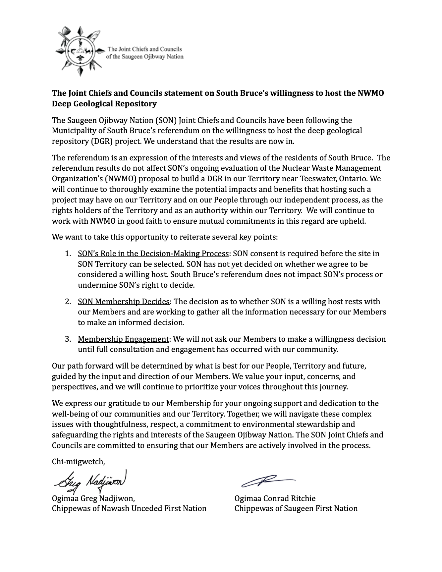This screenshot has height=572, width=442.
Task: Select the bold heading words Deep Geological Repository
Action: point(104,104)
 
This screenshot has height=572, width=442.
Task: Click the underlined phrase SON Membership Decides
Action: point(124,302)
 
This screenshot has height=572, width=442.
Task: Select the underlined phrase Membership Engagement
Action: point(123,339)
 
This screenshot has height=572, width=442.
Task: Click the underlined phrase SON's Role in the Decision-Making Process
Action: point(153,254)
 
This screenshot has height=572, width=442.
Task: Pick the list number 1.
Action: point(68,254)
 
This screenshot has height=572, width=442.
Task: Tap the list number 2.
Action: point(68,302)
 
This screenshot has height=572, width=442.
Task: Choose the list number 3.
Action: point(68,339)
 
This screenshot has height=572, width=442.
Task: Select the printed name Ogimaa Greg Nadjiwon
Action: point(93,499)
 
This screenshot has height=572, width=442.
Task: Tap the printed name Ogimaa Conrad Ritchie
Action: point(275,499)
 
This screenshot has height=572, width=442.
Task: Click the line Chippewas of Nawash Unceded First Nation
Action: point(129,509)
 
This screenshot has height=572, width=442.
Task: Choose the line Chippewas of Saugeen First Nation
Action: point(296,509)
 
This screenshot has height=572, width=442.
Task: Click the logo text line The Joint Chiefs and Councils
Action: point(145,49)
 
